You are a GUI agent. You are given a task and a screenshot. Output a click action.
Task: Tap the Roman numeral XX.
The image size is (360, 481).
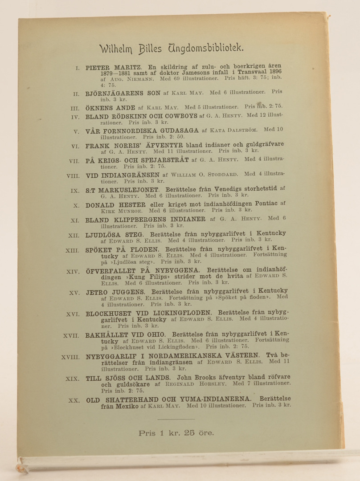point(74,400)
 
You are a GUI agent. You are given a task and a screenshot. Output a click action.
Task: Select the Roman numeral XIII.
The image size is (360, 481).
point(72,251)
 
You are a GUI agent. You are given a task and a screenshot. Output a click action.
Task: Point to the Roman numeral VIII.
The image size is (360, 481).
point(72,175)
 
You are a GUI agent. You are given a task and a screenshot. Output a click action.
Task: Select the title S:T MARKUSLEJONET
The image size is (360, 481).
point(115,190)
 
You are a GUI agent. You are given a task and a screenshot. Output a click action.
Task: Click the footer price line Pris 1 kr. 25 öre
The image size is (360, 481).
point(176,432)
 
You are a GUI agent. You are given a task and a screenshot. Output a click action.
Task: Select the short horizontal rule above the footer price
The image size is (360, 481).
point(176,419)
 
